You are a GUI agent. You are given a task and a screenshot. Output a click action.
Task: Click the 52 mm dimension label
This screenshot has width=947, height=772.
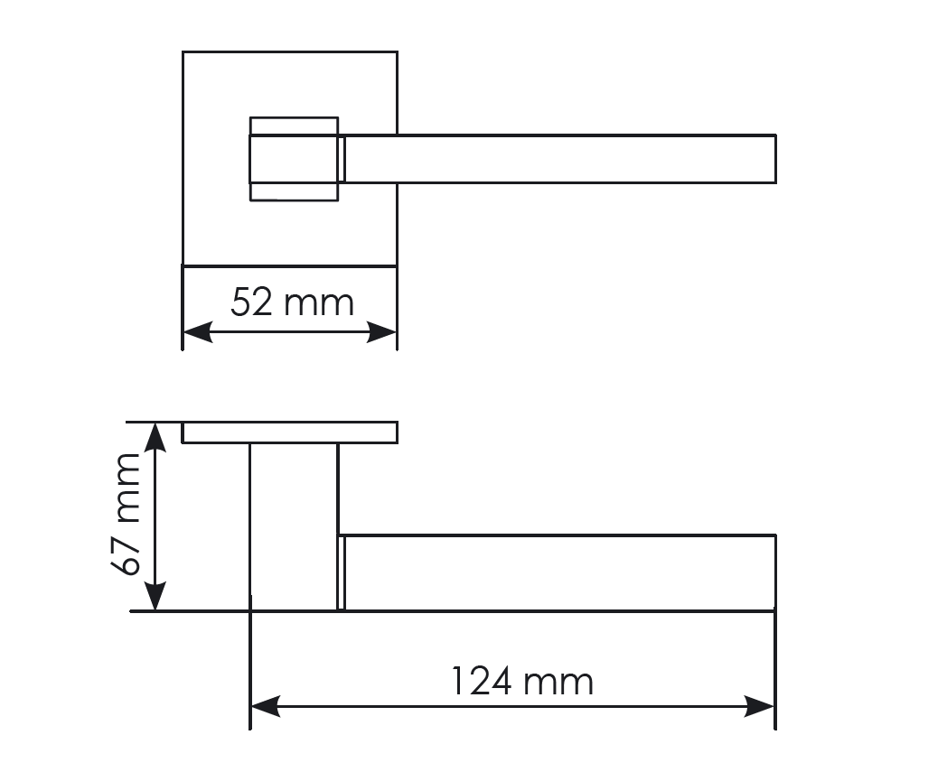coord(292,303)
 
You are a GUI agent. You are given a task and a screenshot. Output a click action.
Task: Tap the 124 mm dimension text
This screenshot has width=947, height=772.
coord(522,682)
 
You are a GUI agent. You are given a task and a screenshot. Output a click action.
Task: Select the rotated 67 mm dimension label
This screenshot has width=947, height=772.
coord(126,515)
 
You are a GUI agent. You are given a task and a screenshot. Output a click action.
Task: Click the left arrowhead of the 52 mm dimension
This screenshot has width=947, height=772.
coord(198,331)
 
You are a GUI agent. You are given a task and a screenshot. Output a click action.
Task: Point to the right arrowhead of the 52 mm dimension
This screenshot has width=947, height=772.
coord(381,331)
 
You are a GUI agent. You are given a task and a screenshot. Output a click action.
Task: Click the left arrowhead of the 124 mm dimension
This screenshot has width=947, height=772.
coord(266,706)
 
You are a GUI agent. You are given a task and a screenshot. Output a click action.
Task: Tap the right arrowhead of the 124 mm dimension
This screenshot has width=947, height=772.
coord(760,706)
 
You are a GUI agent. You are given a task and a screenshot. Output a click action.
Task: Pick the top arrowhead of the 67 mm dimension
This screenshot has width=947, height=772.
coord(155,437)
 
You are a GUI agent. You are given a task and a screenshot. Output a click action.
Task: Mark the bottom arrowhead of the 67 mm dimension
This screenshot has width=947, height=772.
coord(155,596)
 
